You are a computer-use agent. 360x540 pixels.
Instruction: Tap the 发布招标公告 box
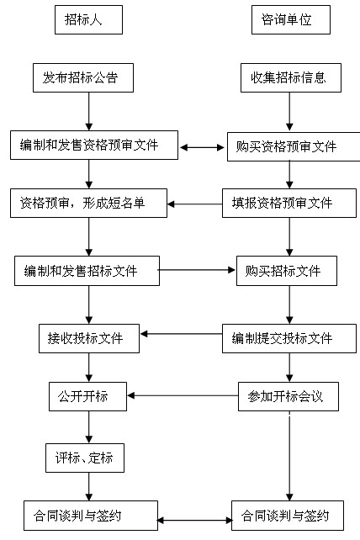tap(87, 78)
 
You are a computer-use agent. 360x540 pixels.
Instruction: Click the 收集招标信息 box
tap(289, 78)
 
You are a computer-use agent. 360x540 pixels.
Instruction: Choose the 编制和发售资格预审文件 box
tap(95, 146)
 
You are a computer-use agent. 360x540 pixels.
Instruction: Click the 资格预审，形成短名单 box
tap(87, 203)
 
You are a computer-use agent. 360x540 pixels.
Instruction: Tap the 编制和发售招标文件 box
tap(87, 271)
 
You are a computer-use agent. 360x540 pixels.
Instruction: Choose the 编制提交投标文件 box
tap(283, 339)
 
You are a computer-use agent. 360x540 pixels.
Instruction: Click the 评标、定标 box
tap(84, 458)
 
